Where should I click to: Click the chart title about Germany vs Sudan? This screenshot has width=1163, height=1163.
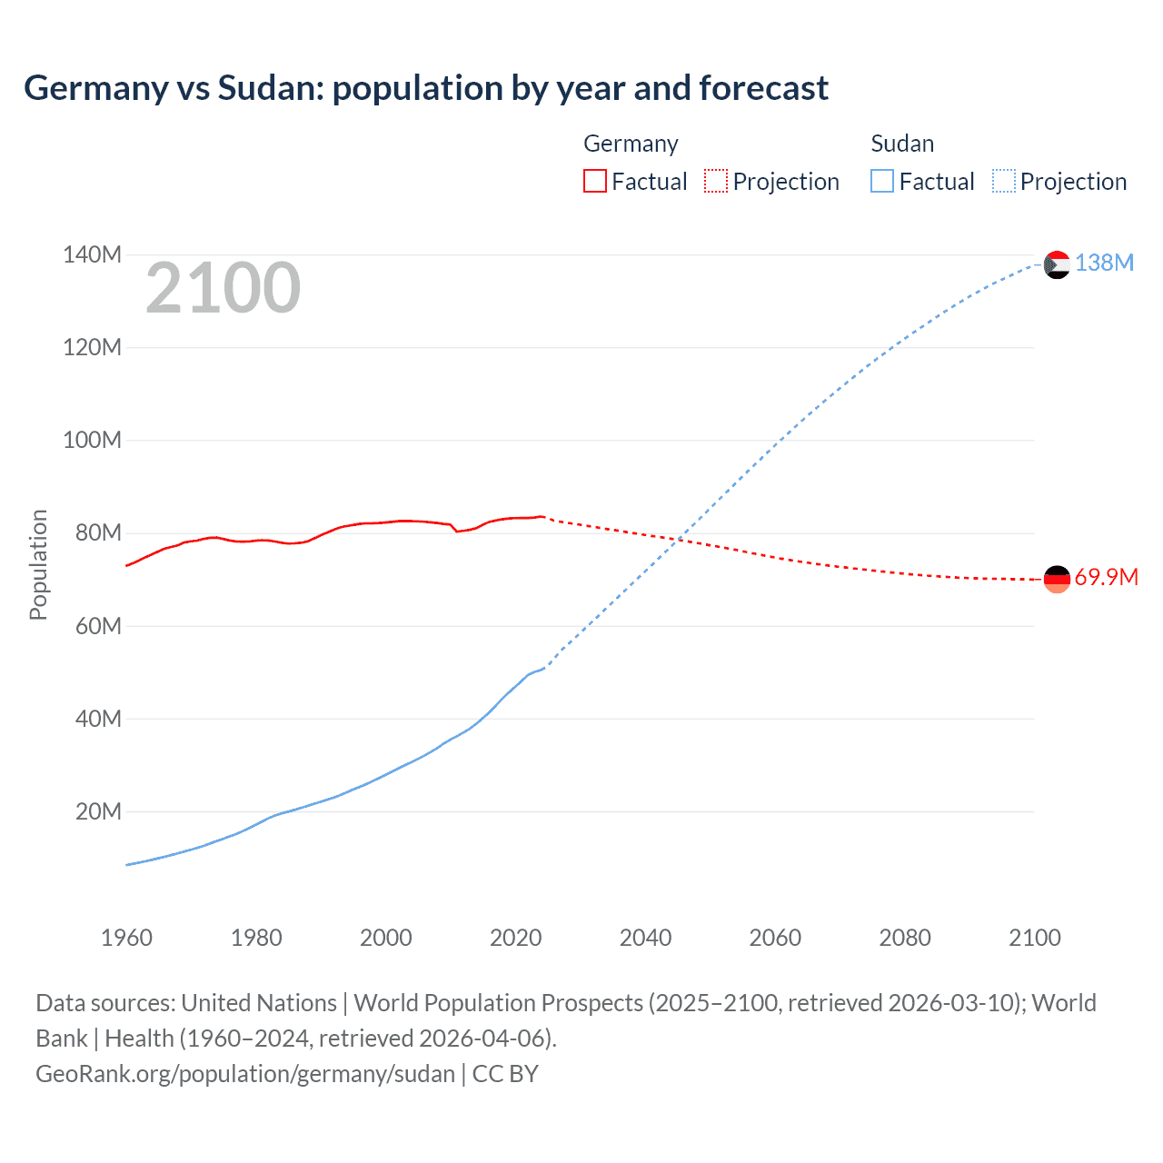point(425,88)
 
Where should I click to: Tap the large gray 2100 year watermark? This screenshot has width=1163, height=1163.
point(223,288)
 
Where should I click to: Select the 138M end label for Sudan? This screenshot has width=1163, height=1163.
point(1104,263)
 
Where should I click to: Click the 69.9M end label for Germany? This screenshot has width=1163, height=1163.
point(1106,578)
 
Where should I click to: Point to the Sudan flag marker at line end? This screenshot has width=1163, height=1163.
point(1057,264)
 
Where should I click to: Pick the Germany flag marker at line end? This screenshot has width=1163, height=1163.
point(1057,579)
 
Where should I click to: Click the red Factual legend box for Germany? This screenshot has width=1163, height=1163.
point(595,182)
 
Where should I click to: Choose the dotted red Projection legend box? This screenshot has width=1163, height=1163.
point(716,182)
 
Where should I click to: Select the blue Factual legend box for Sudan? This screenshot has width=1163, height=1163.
point(882,182)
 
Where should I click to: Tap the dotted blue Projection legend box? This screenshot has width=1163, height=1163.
point(1004,182)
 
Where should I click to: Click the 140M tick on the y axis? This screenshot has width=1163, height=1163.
point(92,255)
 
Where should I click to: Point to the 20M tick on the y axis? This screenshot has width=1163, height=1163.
point(98,811)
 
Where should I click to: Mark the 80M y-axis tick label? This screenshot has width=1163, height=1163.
point(98,533)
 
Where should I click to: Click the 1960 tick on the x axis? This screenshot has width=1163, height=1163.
point(126,938)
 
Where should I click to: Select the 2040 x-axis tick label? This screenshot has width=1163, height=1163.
point(645,938)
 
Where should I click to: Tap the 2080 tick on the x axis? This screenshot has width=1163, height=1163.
point(905,938)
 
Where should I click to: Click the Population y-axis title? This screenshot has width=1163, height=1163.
point(38,564)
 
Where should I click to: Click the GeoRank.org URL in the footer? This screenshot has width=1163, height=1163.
point(245,1074)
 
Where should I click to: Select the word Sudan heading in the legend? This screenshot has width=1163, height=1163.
point(902,144)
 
